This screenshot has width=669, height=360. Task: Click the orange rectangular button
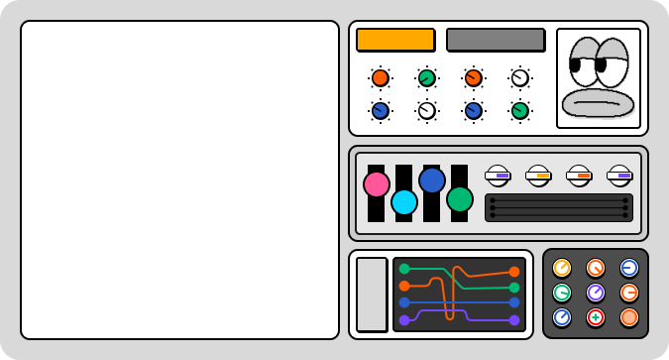[x=395, y=40]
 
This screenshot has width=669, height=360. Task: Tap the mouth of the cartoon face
[x=598, y=102]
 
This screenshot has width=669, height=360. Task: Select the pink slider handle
[x=377, y=184]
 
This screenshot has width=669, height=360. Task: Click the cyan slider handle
[x=404, y=202]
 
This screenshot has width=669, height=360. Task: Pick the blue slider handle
[x=432, y=180]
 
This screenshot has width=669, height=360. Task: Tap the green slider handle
[x=460, y=199]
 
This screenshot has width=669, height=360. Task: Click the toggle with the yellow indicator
[x=538, y=176]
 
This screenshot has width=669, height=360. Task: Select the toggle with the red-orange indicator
[x=579, y=176]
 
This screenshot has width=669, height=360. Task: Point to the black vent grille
[x=559, y=207]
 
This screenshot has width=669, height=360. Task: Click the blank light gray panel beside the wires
[x=372, y=295]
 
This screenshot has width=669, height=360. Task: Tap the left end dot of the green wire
[x=404, y=269]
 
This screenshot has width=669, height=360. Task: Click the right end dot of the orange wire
[x=514, y=272]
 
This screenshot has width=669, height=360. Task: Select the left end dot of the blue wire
[x=404, y=302]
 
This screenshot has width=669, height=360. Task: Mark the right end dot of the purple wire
[x=514, y=320]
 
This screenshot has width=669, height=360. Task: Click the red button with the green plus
[x=596, y=317]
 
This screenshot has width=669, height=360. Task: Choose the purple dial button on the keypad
[x=596, y=293]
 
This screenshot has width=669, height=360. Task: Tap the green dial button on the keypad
[x=562, y=293]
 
